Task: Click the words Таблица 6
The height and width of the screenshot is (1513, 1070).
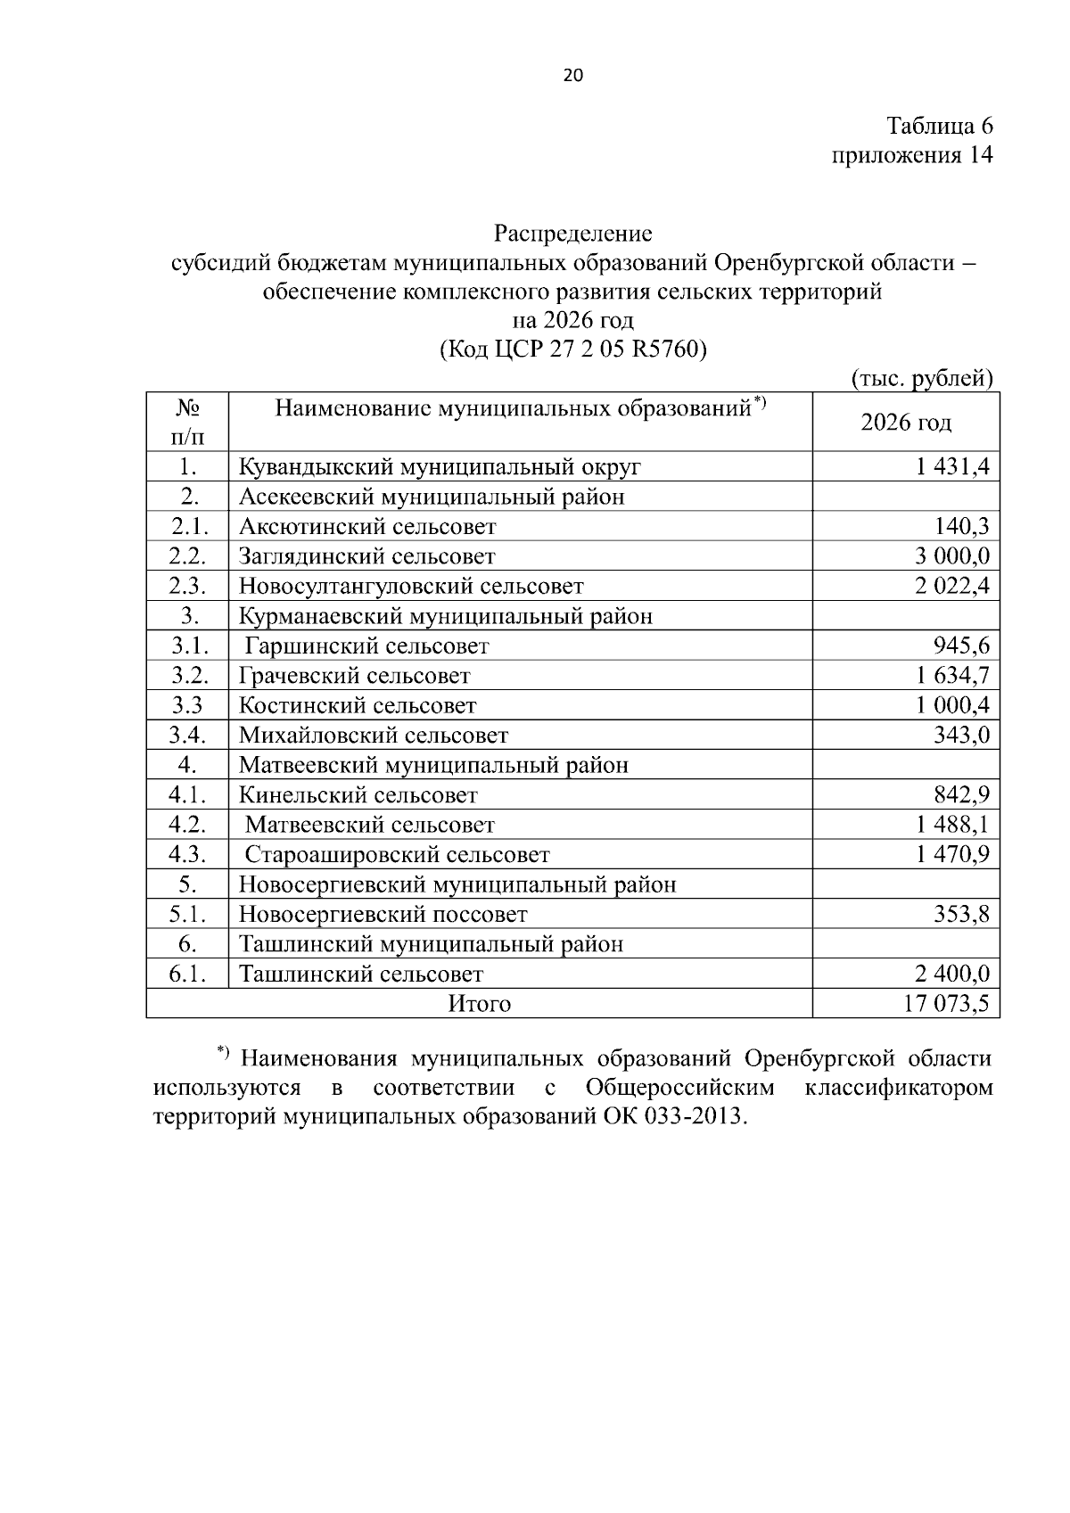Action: (939, 125)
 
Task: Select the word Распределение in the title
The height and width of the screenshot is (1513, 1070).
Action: (573, 234)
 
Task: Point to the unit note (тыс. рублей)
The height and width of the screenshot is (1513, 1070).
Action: (922, 378)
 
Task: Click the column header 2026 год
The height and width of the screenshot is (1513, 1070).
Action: (905, 422)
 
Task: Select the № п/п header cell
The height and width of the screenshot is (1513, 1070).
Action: (187, 422)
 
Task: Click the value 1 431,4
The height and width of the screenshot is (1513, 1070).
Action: (952, 466)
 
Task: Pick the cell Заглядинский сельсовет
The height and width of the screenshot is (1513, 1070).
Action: (366, 556)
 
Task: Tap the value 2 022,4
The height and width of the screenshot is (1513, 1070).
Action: (952, 586)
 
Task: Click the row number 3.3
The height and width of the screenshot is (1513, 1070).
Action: (187, 705)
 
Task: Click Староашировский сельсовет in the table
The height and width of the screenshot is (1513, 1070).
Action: (397, 855)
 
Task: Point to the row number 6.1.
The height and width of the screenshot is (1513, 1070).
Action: (187, 974)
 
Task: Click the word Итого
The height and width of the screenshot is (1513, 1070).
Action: (479, 1004)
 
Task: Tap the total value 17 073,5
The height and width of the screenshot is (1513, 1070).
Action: (946, 1004)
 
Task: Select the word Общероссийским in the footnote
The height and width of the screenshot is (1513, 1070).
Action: (680, 1088)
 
